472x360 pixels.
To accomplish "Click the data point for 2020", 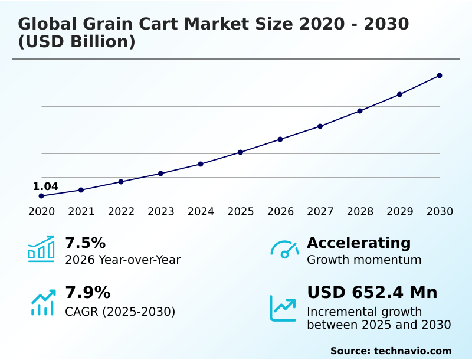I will pos(41,196).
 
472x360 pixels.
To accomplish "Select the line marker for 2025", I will pos(241,152).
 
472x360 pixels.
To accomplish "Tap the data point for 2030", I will pos(440,76).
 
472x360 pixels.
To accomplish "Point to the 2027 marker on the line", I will pos(320,126).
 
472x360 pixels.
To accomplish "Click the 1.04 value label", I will pos(45,186).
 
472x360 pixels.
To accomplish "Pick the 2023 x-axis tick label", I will pos(161,211).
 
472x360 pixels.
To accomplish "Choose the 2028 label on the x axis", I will pos(360,211).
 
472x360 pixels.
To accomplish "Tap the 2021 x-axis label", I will pos(81,211).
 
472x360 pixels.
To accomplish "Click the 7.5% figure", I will pos(85,243).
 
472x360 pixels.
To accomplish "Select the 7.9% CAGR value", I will pos(87,293).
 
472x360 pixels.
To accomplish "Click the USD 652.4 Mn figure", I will pos(372,293).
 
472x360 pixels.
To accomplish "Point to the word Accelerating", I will pos(359,243).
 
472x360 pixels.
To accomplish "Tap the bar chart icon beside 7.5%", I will pos(41,249).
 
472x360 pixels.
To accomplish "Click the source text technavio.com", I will pos(412,351).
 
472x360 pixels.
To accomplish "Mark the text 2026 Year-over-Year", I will pos(123,260).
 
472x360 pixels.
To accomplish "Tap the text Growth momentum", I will pos(364,260).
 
